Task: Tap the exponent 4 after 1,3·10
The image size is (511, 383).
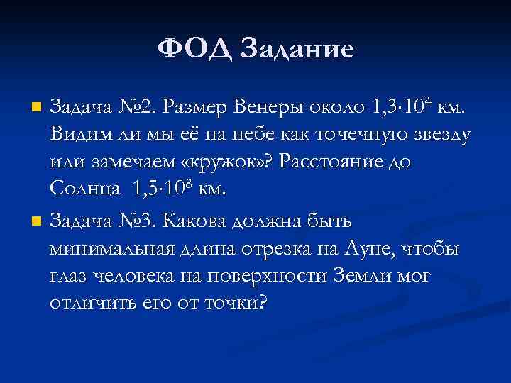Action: [431, 101]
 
